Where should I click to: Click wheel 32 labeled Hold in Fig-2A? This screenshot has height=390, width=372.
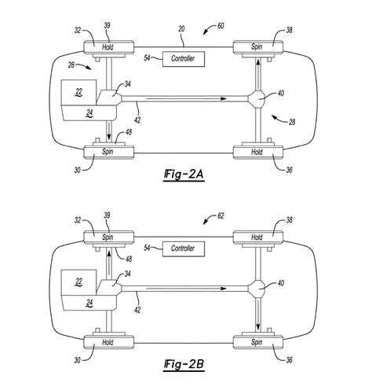tap(108, 47)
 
